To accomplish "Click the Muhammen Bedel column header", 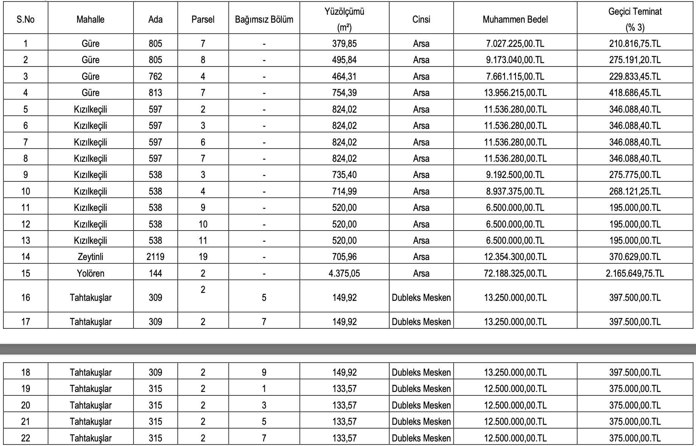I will click(x=515, y=20).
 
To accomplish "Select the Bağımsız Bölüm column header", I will click(x=264, y=20).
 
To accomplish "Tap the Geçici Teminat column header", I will click(x=635, y=19).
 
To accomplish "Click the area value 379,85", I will click(x=344, y=43).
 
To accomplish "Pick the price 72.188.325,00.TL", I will click(x=515, y=273).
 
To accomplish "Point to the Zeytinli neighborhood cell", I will click(x=90, y=257).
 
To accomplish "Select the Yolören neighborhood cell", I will click(x=90, y=273).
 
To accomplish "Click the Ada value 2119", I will click(x=155, y=257).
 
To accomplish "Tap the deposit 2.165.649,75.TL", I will click(x=635, y=273).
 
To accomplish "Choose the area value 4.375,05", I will click(x=344, y=273).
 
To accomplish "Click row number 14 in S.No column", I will click(x=25, y=257).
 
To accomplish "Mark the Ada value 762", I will click(x=155, y=76).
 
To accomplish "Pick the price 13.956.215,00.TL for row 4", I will click(x=515, y=93).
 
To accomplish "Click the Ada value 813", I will click(x=155, y=93).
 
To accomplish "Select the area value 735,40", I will click(x=344, y=175).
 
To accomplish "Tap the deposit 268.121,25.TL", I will click(x=635, y=191).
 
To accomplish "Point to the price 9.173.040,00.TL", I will click(x=515, y=60).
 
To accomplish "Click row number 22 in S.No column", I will click(x=25, y=438).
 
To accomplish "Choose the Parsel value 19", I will click(x=203, y=257).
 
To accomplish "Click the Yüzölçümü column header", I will click(x=344, y=19).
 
